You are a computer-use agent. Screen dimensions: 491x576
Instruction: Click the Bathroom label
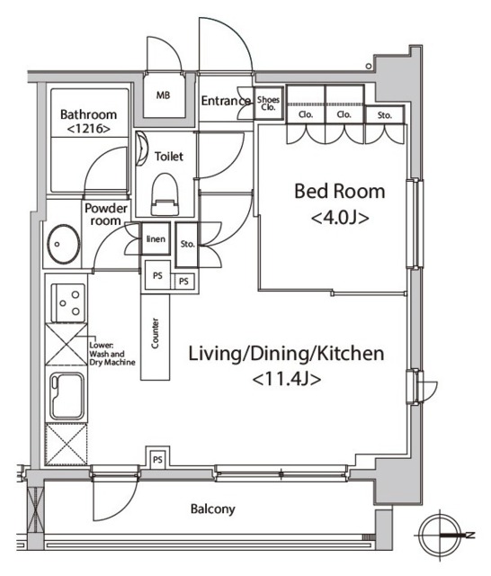click(x=88, y=114)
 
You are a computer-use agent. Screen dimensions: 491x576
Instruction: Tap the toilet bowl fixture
click(x=165, y=194)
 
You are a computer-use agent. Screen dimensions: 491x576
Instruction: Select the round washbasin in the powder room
click(x=64, y=244)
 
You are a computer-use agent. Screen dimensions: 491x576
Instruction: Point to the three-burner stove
click(x=69, y=303)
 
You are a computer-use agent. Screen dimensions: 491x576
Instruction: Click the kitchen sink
click(x=67, y=396)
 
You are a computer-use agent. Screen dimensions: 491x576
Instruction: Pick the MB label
click(x=164, y=95)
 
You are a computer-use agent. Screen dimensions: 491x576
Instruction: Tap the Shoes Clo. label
click(x=268, y=103)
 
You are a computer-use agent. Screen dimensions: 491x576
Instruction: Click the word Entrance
click(x=226, y=101)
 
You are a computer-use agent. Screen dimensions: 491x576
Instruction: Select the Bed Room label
click(x=340, y=192)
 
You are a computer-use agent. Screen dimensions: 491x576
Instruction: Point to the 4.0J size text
click(x=340, y=218)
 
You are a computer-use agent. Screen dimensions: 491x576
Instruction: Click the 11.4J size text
click(x=287, y=379)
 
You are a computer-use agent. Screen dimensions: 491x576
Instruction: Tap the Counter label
click(x=155, y=333)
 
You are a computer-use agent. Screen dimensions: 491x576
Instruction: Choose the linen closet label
click(x=156, y=239)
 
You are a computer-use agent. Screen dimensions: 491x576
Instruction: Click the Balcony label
click(x=213, y=509)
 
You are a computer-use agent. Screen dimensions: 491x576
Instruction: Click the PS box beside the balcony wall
click(x=157, y=458)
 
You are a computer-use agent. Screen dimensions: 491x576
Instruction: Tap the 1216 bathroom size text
click(x=88, y=129)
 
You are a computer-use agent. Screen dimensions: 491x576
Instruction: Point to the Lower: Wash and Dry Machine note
click(x=112, y=354)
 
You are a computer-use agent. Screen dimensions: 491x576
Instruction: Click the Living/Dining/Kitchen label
click(x=287, y=354)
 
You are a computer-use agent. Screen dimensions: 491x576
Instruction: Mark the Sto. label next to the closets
click(x=385, y=115)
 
